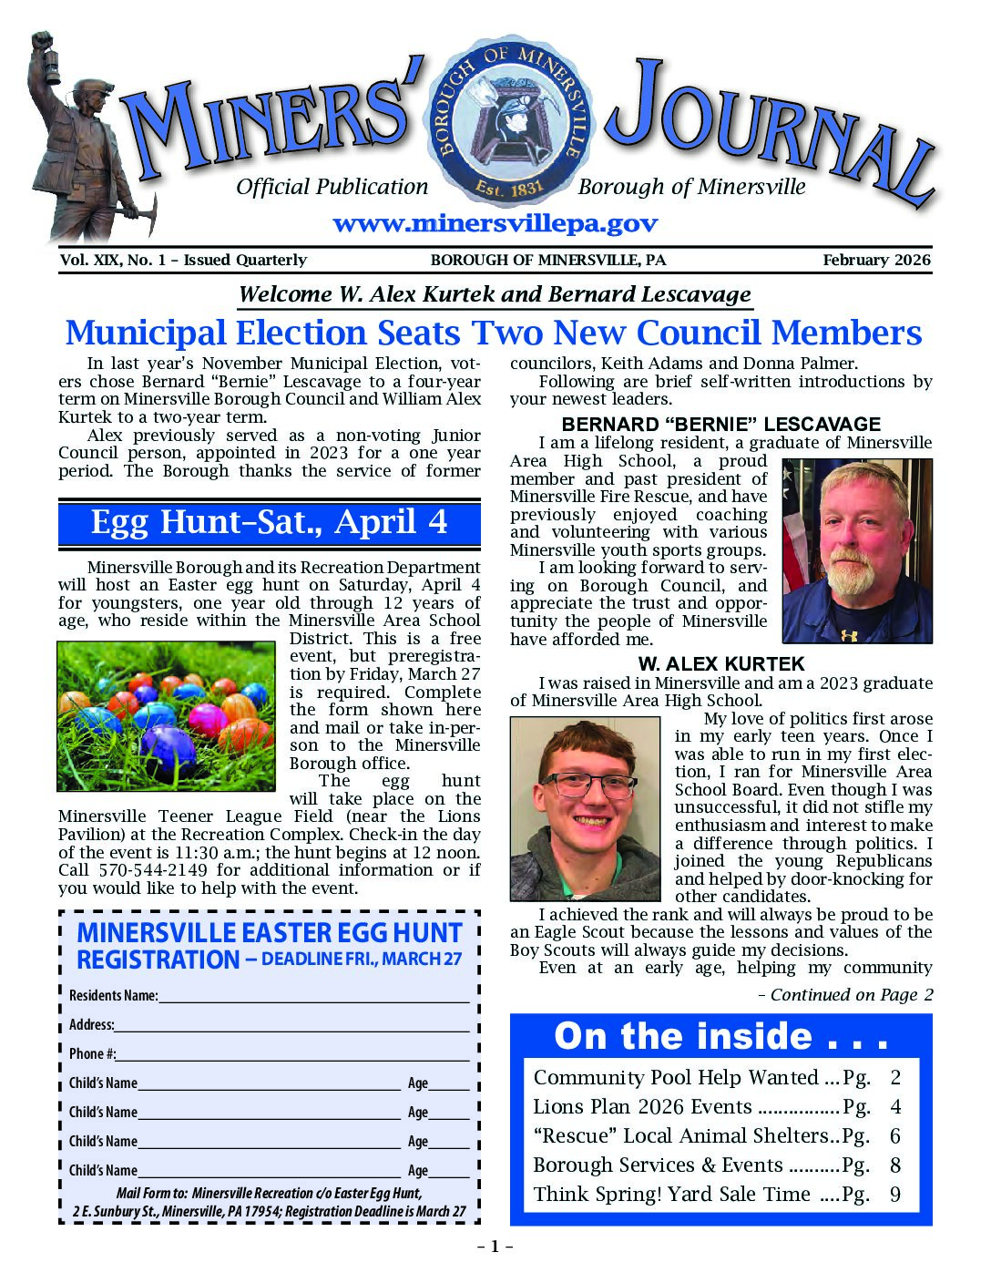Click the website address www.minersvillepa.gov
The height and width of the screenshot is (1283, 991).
(495, 224)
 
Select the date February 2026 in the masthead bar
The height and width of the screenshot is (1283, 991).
(876, 260)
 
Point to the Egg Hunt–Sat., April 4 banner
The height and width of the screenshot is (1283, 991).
(269, 522)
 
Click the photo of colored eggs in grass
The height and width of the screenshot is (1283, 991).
(166, 715)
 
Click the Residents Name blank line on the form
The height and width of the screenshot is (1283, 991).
(313, 996)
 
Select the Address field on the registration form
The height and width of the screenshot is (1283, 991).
(291, 1025)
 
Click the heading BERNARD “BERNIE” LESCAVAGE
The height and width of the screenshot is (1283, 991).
(720, 425)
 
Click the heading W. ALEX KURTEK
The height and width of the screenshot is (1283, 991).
(720, 664)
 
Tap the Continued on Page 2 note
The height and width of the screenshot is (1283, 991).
(845, 995)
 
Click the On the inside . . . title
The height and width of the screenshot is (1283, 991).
(720, 1037)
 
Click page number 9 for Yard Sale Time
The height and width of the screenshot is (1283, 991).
(895, 1195)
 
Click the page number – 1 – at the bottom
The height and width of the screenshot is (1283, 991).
(495, 1247)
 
